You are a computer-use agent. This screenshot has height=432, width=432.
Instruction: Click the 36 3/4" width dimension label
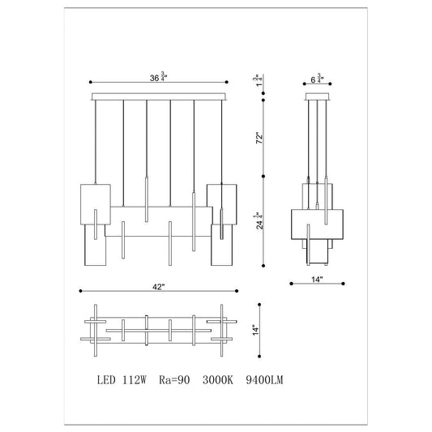coord(158,77)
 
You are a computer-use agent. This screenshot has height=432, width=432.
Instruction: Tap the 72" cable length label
coord(259,139)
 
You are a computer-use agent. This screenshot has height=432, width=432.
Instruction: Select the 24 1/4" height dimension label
coord(259,220)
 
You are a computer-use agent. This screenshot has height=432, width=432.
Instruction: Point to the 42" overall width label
coord(158,287)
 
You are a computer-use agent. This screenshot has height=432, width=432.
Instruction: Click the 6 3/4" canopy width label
coord(317,79)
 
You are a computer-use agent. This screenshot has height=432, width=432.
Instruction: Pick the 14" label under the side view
coord(317,280)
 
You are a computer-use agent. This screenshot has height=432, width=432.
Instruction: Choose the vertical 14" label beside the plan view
coord(256,330)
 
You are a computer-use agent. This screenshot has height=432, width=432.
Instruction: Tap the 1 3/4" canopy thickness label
coord(256,80)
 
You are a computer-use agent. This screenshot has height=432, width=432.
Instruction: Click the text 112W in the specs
coord(135,380)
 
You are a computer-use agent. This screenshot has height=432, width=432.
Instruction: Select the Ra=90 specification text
coord(174,380)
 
